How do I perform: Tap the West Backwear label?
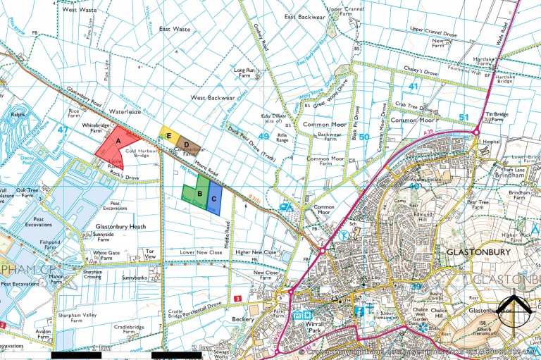(x=209, y=97)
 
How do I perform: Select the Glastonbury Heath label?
(x=120, y=226)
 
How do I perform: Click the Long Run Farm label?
(x=249, y=74)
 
